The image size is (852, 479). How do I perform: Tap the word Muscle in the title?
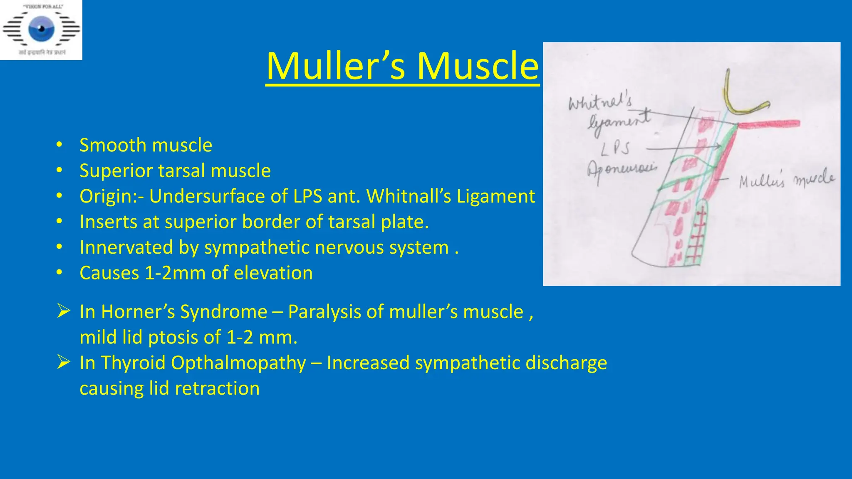[478, 66]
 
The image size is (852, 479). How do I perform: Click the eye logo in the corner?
[41, 29]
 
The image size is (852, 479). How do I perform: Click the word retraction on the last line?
[217, 389]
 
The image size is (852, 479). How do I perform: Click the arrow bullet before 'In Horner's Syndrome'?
[63, 311]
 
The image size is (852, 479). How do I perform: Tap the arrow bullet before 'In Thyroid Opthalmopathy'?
[63, 362]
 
